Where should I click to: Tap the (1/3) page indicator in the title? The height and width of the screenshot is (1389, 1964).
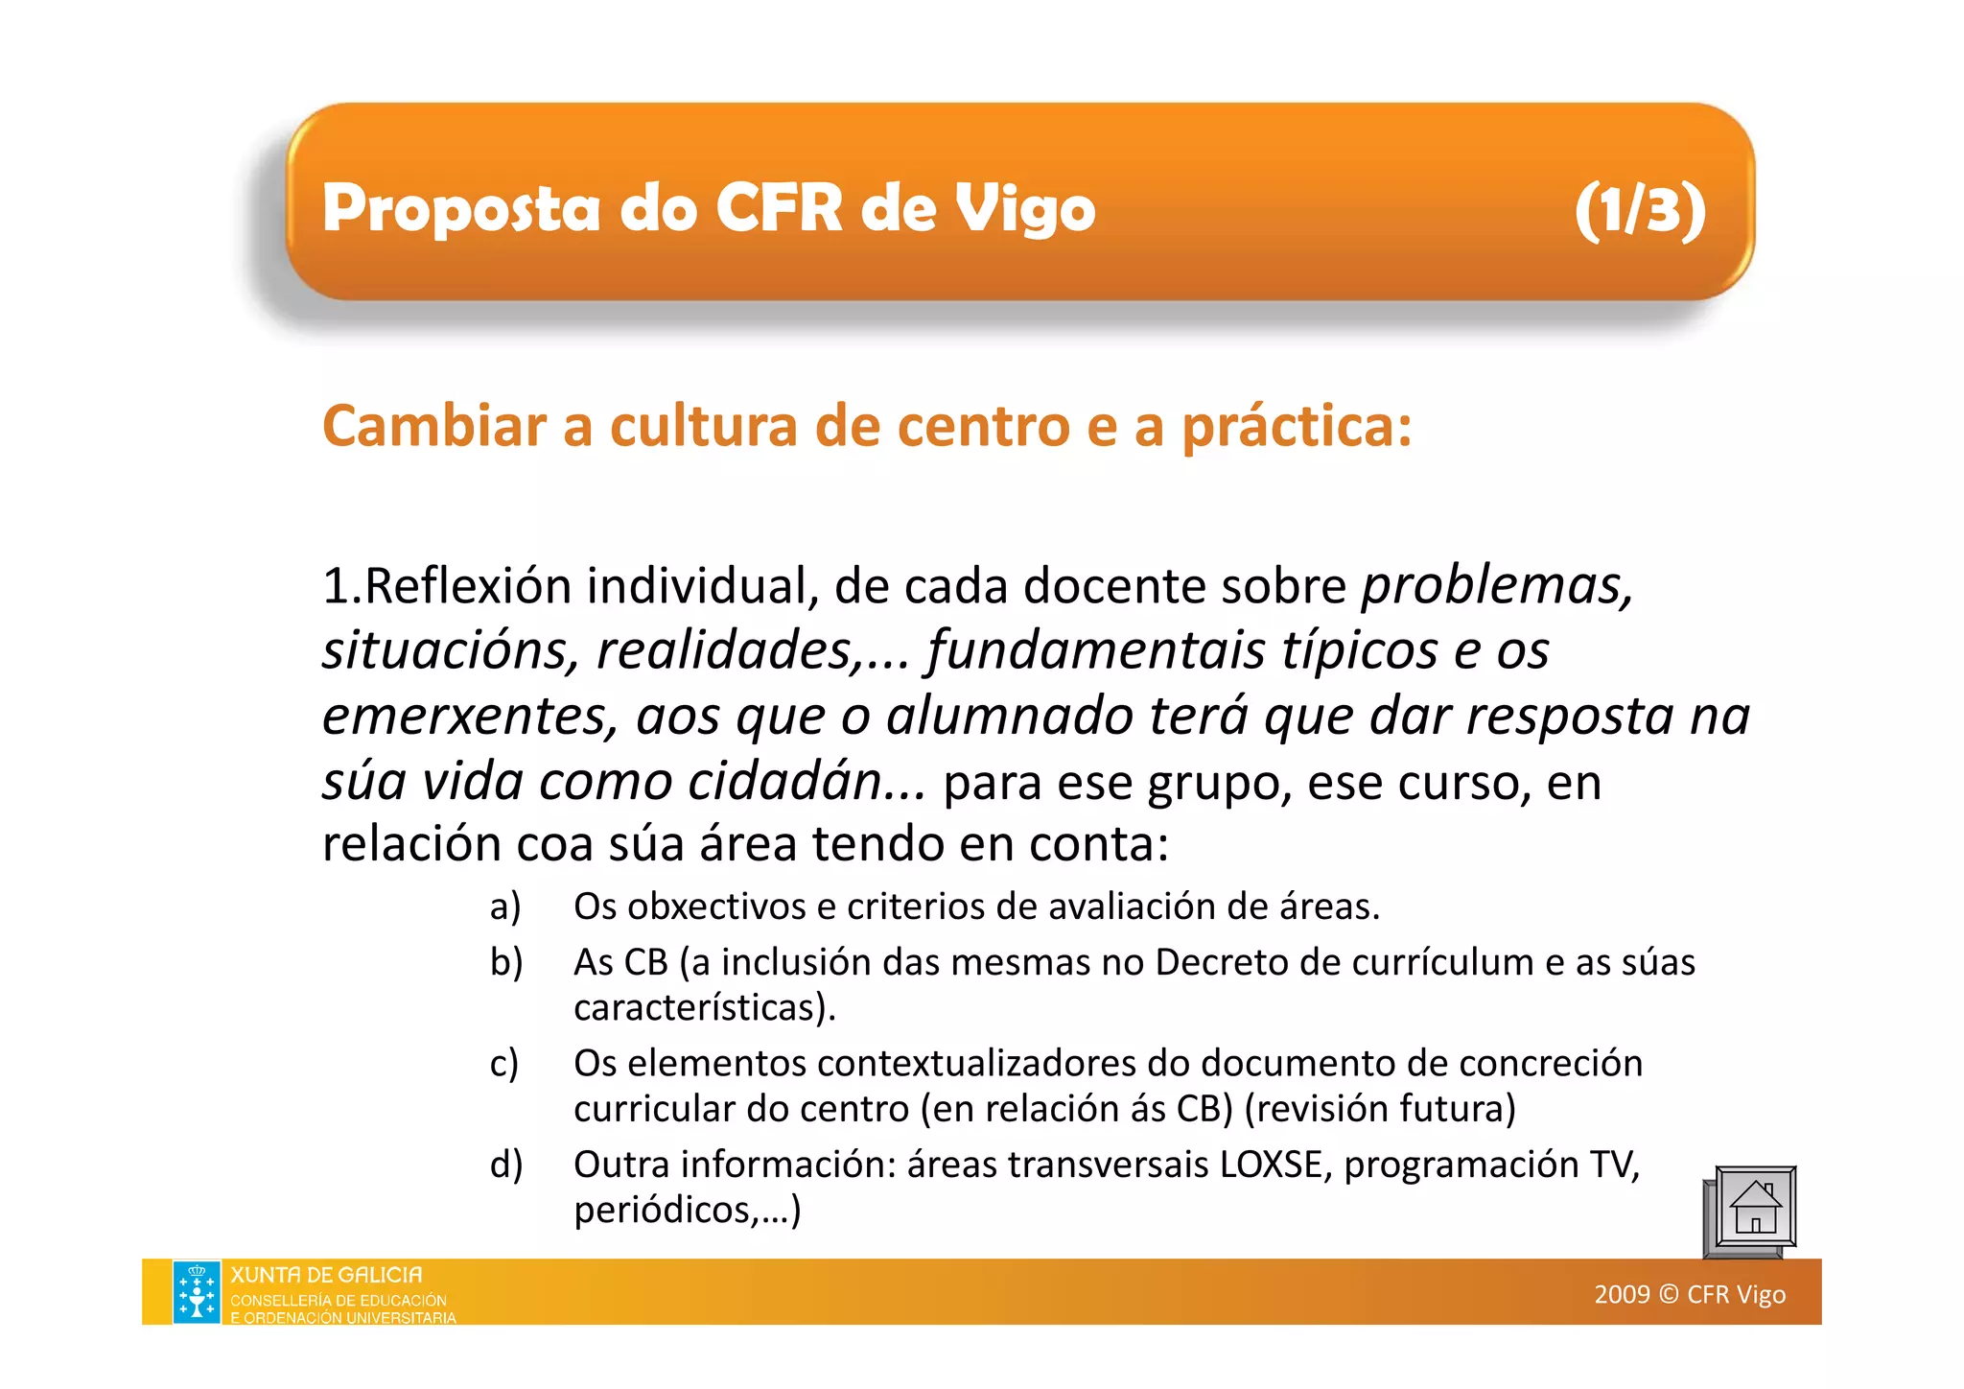click(1641, 209)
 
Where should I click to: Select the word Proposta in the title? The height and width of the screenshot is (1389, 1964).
click(460, 209)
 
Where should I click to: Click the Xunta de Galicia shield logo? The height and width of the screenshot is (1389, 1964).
click(197, 1292)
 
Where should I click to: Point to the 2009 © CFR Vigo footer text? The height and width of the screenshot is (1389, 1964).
click(1690, 1294)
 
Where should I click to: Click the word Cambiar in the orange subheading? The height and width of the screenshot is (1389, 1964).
click(433, 426)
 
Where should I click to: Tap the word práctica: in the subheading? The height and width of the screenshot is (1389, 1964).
click(1297, 428)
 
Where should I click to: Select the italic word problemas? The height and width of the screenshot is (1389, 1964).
click(1497, 586)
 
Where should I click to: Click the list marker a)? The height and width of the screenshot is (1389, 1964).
click(505, 906)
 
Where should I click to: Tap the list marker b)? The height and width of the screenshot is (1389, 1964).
click(506, 962)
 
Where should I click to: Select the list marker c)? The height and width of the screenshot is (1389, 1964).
click(504, 1064)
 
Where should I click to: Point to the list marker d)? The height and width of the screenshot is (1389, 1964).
click(506, 1165)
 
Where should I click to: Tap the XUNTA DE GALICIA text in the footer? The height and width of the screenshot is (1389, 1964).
click(326, 1276)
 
